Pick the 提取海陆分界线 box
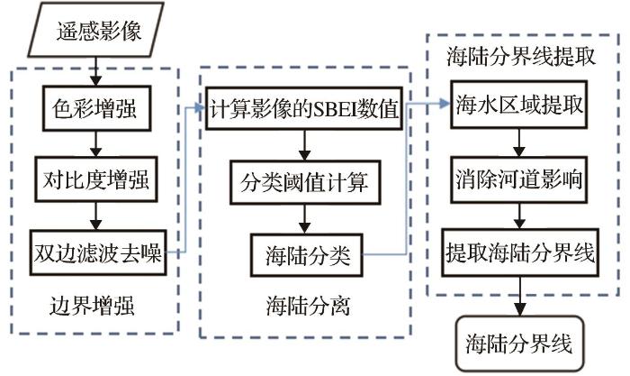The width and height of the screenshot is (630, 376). [518, 250]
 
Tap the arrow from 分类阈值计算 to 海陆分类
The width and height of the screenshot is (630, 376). [307, 217]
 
